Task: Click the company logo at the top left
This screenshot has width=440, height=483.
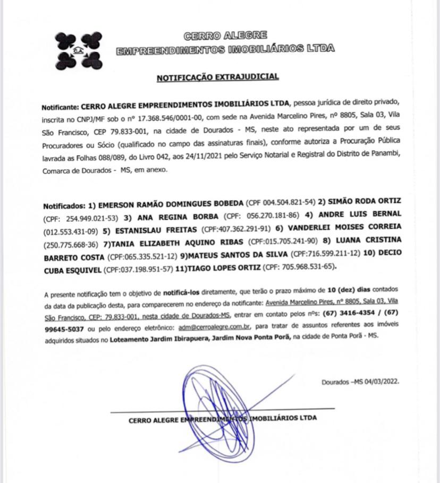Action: [x=79, y=50]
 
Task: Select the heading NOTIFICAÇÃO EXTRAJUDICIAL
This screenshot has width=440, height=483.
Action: [x=217, y=77]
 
